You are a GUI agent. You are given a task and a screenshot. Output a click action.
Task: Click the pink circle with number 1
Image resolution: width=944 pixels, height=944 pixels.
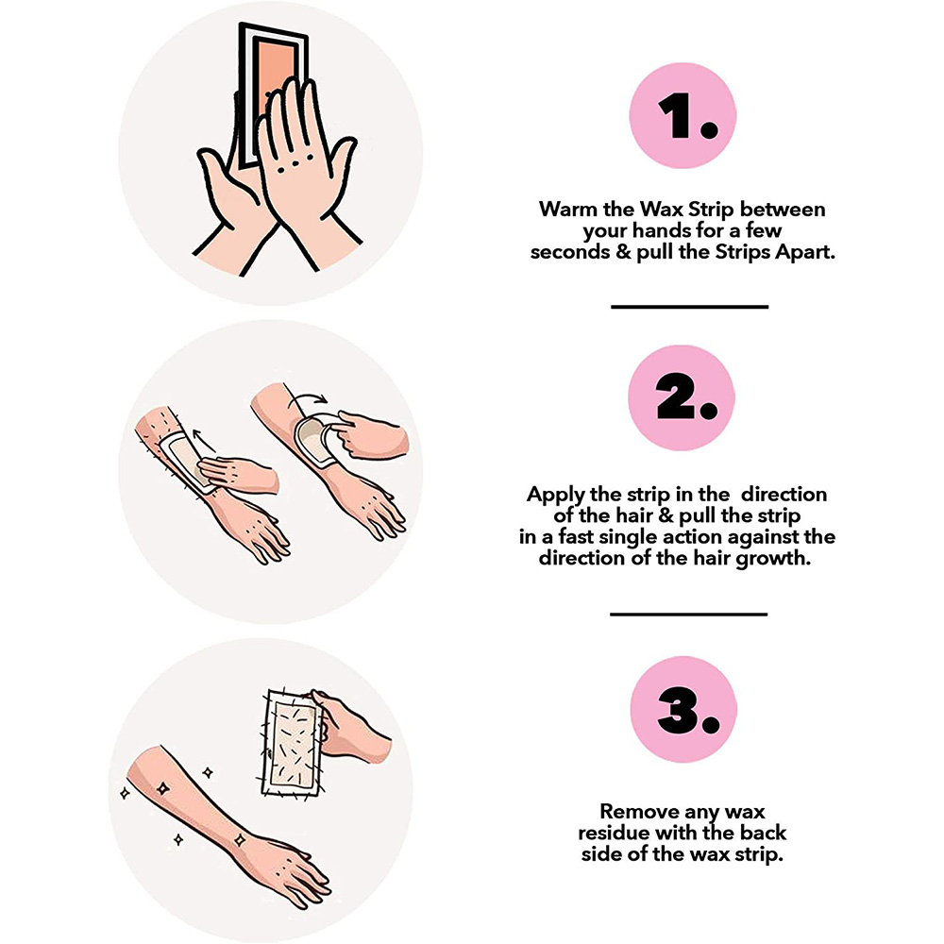[683, 115]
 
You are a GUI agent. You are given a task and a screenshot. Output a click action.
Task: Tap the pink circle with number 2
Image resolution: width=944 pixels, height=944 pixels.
[682, 397]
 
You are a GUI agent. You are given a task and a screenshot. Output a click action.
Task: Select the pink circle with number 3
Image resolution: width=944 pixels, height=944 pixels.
[683, 709]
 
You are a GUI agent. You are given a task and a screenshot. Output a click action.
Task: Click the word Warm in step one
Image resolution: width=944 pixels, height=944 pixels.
[568, 209]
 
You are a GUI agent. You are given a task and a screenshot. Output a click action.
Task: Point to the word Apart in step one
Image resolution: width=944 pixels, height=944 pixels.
[805, 252]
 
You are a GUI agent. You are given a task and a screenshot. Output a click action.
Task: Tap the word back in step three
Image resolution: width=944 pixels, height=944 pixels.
[763, 833]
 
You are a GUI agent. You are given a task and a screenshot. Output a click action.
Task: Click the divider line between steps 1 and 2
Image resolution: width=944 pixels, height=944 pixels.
[689, 307]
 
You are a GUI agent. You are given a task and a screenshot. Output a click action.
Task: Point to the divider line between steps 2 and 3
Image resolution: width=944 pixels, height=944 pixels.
[689, 615]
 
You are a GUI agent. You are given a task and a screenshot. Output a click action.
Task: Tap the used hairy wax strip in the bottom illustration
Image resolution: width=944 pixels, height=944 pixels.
[293, 743]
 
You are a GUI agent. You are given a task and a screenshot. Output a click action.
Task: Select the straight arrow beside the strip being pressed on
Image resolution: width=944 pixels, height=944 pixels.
[204, 441]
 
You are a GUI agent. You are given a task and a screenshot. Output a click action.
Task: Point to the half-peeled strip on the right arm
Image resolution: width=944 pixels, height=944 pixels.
[317, 436]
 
